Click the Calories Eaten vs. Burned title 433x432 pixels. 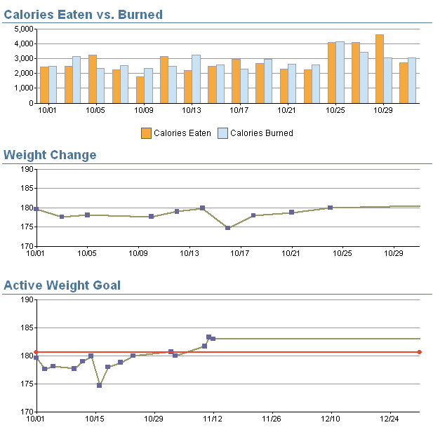83,14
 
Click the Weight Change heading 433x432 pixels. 50,155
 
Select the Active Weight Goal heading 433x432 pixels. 62,285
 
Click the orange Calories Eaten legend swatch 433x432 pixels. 146,133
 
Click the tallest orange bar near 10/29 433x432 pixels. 380,69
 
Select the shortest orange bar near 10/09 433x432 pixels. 140,90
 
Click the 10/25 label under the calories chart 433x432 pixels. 335,110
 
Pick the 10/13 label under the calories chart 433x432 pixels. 192,110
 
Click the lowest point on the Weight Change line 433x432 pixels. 228,228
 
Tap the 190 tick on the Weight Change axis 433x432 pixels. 25,169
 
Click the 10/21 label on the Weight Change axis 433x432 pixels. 291,253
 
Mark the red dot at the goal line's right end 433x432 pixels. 419,352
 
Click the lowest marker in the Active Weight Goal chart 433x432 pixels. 100,385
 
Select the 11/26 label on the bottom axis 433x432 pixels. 272,419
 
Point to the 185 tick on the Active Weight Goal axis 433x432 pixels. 25,328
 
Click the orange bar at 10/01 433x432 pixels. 44,85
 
